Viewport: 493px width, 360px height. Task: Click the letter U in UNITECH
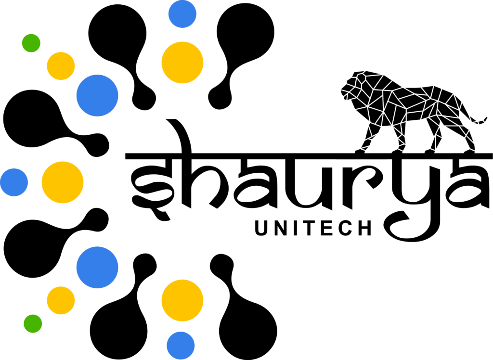pos(261,228)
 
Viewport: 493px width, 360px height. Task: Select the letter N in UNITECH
pos(281,228)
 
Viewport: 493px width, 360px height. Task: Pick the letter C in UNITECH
pos(346,228)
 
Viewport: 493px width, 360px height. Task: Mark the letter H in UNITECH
pos(365,228)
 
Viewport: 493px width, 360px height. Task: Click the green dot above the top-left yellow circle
pos(31,43)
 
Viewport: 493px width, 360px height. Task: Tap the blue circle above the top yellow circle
pos(182,14)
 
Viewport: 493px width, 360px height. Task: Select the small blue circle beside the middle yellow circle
pos(14,182)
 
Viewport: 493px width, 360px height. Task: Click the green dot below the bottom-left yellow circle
pos(33,323)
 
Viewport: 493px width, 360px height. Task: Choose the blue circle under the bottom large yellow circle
pos(181,346)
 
